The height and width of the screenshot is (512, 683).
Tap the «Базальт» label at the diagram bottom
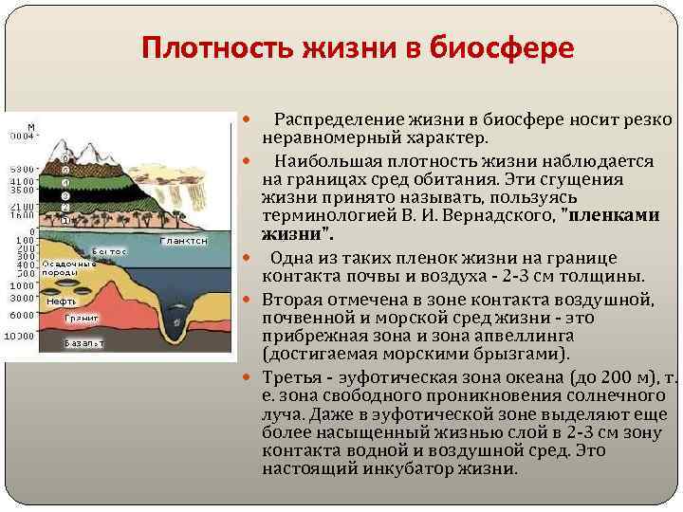click(x=83, y=342)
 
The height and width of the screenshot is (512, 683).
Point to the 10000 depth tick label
click(x=19, y=336)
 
